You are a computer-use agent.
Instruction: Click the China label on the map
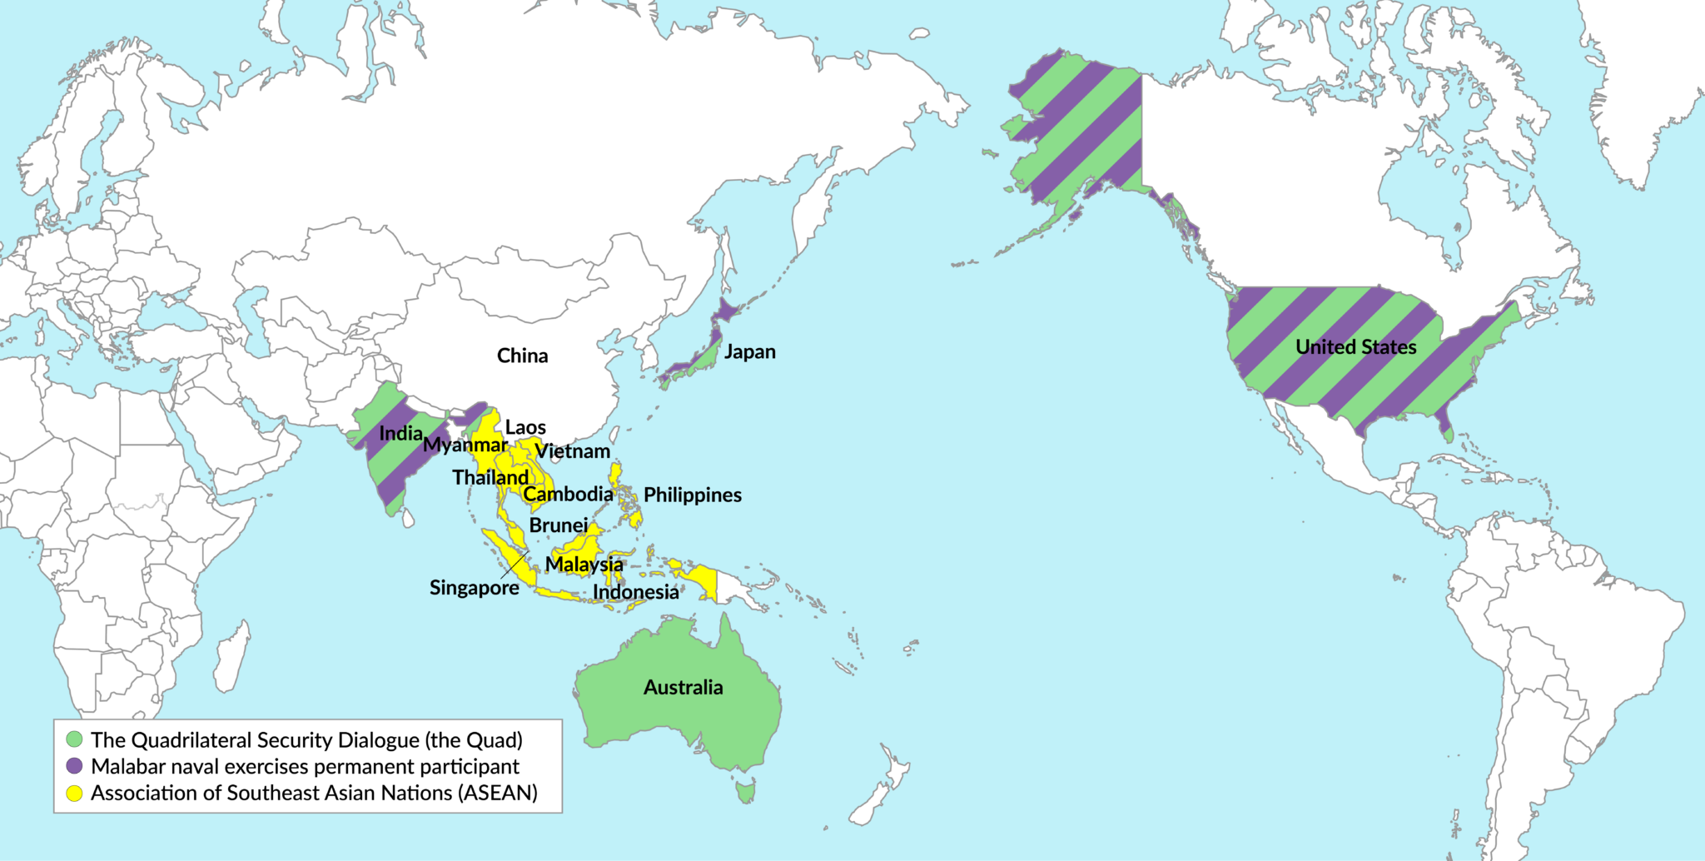(x=522, y=356)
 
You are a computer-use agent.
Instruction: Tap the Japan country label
(x=749, y=351)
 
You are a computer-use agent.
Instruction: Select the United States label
(x=1355, y=346)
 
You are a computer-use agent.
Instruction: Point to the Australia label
(x=683, y=687)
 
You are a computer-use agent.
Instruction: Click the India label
(x=400, y=433)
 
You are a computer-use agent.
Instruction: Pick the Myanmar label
(x=465, y=445)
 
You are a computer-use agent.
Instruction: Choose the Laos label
(x=525, y=427)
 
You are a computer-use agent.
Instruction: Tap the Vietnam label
(x=572, y=451)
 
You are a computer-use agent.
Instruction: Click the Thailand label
(x=490, y=477)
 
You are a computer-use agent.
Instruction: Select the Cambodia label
(x=568, y=494)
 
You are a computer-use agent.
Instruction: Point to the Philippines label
(x=692, y=495)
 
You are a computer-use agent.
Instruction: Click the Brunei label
(x=558, y=525)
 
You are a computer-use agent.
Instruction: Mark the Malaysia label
(x=584, y=564)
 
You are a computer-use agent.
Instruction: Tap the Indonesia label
(x=635, y=592)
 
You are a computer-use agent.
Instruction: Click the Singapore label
(x=474, y=588)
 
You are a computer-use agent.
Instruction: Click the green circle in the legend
(x=75, y=739)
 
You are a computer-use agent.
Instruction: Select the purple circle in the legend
(x=75, y=766)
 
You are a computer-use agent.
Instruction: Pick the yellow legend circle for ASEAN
(x=75, y=793)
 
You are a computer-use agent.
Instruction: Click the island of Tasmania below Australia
(x=746, y=790)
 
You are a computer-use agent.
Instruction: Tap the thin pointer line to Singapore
(x=514, y=565)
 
